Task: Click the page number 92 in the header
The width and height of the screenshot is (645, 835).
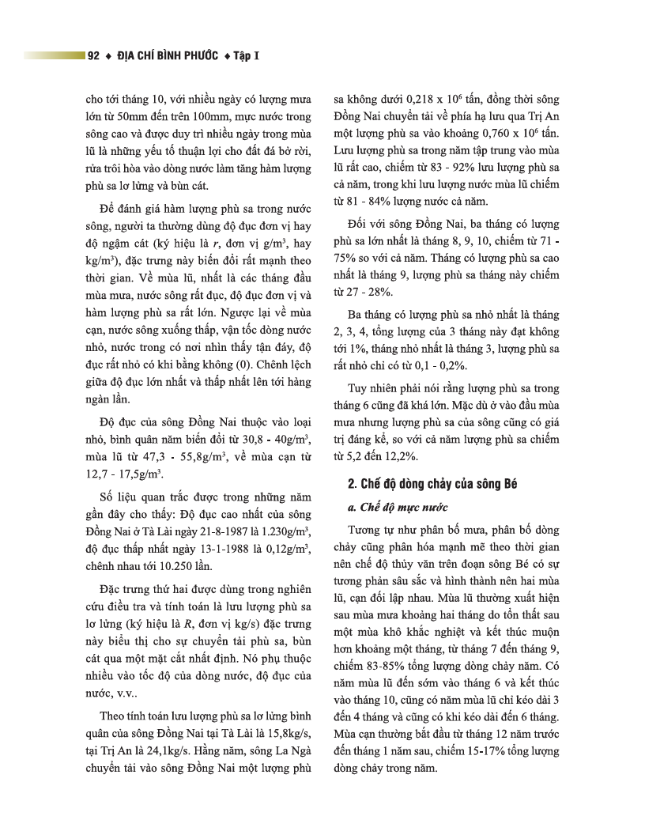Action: tap(93, 56)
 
